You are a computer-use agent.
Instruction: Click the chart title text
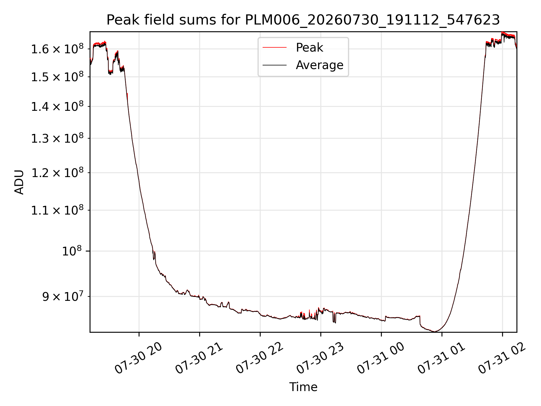pos(303,20)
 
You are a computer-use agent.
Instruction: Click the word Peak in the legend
pos(309,48)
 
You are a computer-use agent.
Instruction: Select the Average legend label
pos(320,65)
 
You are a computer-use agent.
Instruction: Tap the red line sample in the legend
pos(275,48)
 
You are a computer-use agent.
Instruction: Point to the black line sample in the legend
pos(275,65)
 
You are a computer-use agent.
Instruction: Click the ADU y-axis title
pos(19,182)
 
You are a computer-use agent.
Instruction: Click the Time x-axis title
pos(303,387)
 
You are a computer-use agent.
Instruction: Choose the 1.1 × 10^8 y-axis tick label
pos(57,210)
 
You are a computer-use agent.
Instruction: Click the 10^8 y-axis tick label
pos(73,251)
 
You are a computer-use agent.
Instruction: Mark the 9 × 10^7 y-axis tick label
pos(63,296)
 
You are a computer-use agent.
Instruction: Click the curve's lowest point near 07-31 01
pos(435,331)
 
